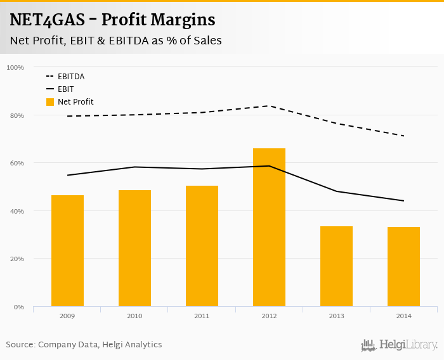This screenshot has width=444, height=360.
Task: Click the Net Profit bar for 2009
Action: tap(67, 251)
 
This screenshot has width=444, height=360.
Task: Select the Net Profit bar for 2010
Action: tap(134, 248)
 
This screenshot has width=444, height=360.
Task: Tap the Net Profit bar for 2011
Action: tap(202, 246)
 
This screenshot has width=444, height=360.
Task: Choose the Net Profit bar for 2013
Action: tap(336, 266)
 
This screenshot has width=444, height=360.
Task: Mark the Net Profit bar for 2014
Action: tap(403, 267)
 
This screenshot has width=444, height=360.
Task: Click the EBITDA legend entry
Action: tap(70, 77)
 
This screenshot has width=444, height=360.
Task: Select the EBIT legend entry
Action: tap(65, 89)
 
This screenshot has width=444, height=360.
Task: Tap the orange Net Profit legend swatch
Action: tap(50, 102)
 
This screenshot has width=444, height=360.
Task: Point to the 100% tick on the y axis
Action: tap(16, 67)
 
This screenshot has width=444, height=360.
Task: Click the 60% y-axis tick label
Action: tap(17, 163)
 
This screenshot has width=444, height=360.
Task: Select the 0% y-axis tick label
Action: tap(19, 307)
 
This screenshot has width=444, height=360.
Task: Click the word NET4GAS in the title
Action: tap(48, 20)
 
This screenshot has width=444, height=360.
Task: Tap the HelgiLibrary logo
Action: tap(400, 345)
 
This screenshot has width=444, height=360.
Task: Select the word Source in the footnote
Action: tap(20, 345)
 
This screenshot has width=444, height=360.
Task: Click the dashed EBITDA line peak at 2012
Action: tap(269, 106)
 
